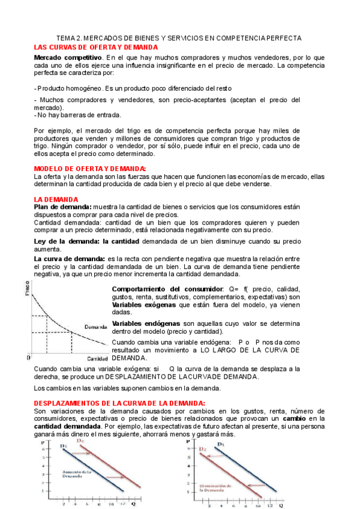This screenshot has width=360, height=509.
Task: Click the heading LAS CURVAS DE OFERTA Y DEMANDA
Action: click(96, 47)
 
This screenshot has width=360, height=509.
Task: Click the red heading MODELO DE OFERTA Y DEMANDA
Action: click(90, 169)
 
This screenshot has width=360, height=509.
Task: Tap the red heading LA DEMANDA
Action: click(56, 199)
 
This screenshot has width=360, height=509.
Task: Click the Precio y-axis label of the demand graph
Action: click(26, 289)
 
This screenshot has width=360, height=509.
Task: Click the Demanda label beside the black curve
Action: click(95, 327)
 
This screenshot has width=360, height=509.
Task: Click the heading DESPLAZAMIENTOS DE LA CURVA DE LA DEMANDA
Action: click(119, 403)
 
